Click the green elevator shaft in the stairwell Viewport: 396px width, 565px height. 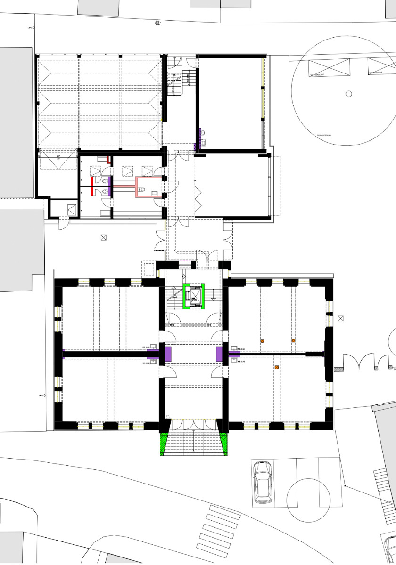tap(194, 296)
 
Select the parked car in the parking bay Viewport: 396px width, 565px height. tap(262, 482)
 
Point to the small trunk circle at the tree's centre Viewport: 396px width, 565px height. tap(349, 94)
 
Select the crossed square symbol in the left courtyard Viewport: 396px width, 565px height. tap(104, 238)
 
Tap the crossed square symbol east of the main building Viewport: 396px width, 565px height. tap(341, 319)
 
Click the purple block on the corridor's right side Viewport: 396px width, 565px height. tap(219, 354)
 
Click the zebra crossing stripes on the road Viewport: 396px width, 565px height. tap(218, 527)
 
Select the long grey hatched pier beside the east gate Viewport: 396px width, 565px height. tap(338, 370)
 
